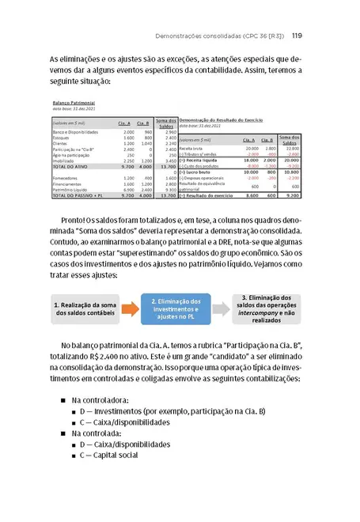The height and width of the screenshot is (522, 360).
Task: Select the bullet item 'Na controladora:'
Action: pos(104,400)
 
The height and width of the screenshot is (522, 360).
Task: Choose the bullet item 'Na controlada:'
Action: pos(100,433)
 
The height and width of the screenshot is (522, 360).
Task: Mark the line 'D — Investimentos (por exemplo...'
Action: pos(173,411)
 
